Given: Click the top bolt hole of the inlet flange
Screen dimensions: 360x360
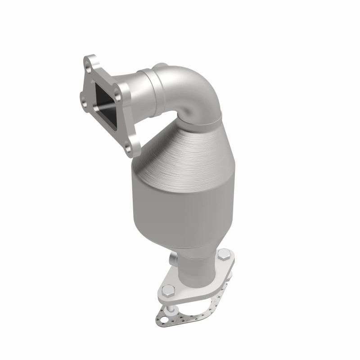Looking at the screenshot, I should click(93, 63).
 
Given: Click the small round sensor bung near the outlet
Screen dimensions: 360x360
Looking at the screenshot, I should click(173, 260).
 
